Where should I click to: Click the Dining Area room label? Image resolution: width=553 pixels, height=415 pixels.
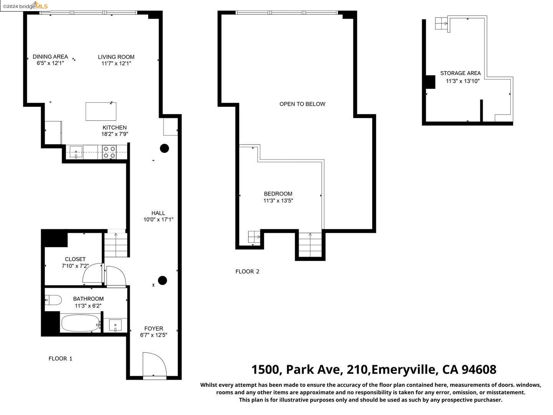point(50,56)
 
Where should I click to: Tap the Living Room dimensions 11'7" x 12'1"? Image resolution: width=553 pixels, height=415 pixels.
point(116,63)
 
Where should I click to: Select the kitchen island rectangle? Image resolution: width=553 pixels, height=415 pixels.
point(101,111)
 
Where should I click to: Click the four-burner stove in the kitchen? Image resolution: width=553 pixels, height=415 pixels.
point(109,152)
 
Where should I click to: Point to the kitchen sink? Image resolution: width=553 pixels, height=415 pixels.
point(76,152)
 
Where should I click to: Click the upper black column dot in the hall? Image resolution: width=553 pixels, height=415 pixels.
point(164,148)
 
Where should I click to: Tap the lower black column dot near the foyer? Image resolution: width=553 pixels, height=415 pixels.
point(162,281)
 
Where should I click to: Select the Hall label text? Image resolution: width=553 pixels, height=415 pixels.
point(158,213)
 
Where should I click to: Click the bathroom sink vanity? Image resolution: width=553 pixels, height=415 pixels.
point(115,325)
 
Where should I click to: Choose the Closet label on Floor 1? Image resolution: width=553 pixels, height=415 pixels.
point(75,259)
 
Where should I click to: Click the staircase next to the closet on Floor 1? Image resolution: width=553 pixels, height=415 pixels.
point(116,245)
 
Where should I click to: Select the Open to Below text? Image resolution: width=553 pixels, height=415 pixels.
point(302,104)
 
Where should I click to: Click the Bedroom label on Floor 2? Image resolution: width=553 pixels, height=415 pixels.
point(278,194)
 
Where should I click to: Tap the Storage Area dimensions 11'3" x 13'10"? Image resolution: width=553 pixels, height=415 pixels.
point(462,81)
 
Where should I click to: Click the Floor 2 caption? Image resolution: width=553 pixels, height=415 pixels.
point(247,271)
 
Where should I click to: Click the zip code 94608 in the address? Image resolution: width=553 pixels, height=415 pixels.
point(478,370)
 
